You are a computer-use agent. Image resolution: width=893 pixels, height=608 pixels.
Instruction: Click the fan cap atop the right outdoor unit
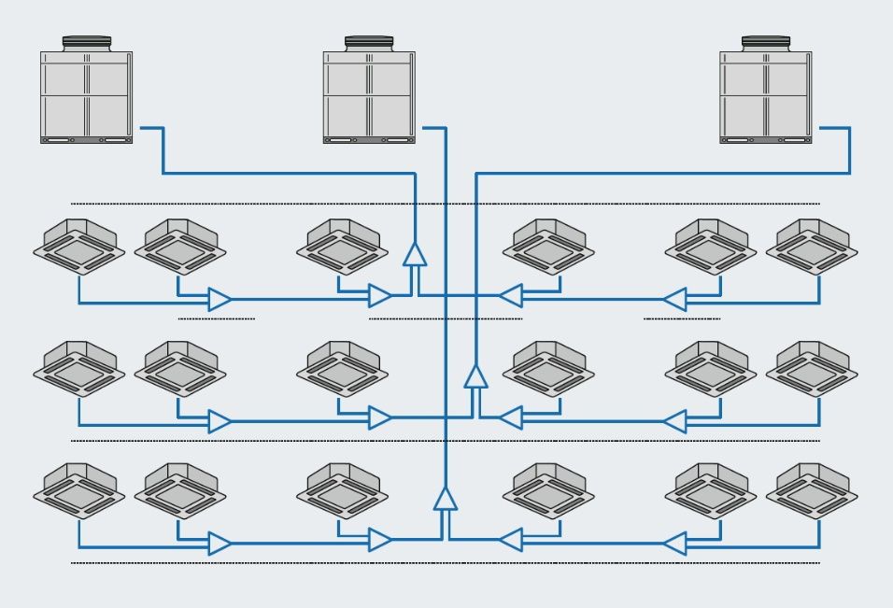[766, 43]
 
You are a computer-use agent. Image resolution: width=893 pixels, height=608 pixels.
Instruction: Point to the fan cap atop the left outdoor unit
[86, 43]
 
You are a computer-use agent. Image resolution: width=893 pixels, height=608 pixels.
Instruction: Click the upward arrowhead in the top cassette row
[414, 254]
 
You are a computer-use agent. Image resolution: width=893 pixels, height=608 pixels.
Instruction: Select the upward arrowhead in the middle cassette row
[476, 375]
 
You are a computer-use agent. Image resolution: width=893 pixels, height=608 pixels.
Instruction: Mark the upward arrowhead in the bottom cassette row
[446, 498]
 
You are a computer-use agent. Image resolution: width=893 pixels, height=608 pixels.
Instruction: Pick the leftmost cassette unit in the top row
[78, 246]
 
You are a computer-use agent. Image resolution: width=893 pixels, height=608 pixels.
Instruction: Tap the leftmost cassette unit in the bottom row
[78, 490]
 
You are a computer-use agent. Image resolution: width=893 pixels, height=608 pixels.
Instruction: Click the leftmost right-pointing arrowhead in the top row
[220, 299]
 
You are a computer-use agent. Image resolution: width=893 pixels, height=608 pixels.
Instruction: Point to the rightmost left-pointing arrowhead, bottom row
[674, 541]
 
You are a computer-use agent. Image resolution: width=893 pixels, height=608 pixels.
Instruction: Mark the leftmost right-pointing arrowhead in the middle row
[220, 421]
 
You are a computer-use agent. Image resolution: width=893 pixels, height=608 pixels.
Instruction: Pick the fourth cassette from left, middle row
[549, 368]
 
